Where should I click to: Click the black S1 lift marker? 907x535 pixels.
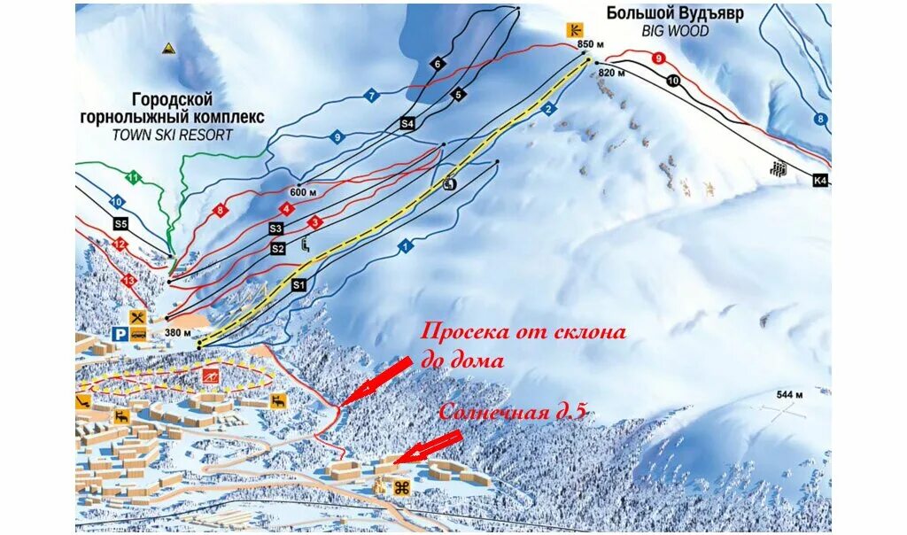pos(298,284)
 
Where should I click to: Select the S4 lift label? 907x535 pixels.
pos(407,124)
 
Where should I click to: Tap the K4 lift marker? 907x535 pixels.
pos(819,181)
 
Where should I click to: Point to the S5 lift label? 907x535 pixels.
pos(120,224)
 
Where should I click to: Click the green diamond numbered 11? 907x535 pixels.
pos(133,177)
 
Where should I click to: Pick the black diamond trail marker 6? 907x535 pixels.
pos(437,64)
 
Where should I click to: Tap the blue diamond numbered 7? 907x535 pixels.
pos(372,96)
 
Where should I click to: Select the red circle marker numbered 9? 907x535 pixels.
pos(657,58)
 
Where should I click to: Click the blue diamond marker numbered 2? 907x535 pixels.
pos(548,109)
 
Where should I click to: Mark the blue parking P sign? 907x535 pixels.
pos(120,334)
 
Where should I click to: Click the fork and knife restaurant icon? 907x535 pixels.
pos(137,317)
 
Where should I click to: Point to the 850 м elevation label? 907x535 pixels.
pos(587,43)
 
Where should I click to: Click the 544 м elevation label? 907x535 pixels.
pos(788,394)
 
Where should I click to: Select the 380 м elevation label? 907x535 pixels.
pos(177,333)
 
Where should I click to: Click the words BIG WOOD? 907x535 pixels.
pos(674,30)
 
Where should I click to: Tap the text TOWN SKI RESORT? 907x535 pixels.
pos(173,135)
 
